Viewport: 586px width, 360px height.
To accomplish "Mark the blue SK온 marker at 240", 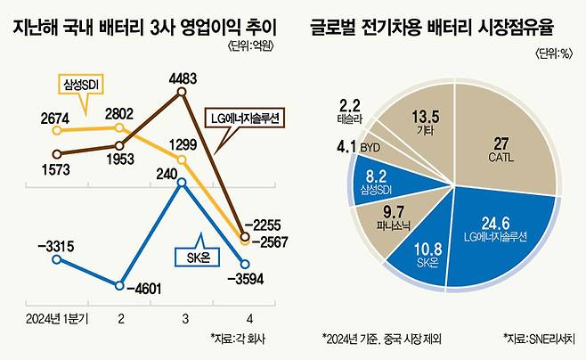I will (183, 184).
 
